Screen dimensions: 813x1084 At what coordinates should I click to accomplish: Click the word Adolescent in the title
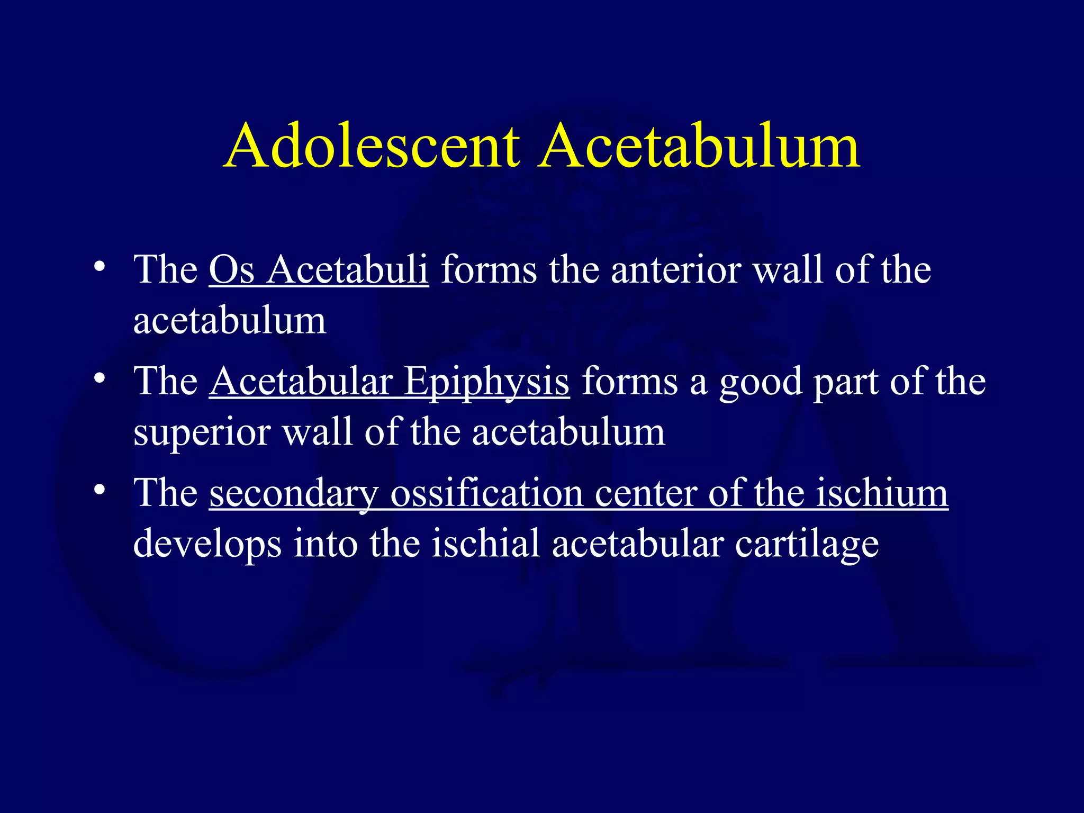[x=371, y=146]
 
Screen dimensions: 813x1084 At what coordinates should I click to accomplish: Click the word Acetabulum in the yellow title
[x=699, y=146]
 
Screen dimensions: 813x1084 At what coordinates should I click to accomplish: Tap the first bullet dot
[x=98, y=266]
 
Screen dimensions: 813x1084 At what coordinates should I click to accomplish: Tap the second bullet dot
[x=98, y=378]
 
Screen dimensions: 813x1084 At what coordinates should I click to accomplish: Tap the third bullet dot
[x=98, y=490]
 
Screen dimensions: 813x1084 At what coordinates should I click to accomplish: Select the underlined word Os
[x=231, y=270]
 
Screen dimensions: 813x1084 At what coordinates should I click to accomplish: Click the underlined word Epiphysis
[x=486, y=382]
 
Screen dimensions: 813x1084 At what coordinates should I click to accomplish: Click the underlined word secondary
[x=293, y=494]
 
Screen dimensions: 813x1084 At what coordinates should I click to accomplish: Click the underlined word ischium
[x=881, y=493]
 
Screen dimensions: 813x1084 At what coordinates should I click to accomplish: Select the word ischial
[x=485, y=544]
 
